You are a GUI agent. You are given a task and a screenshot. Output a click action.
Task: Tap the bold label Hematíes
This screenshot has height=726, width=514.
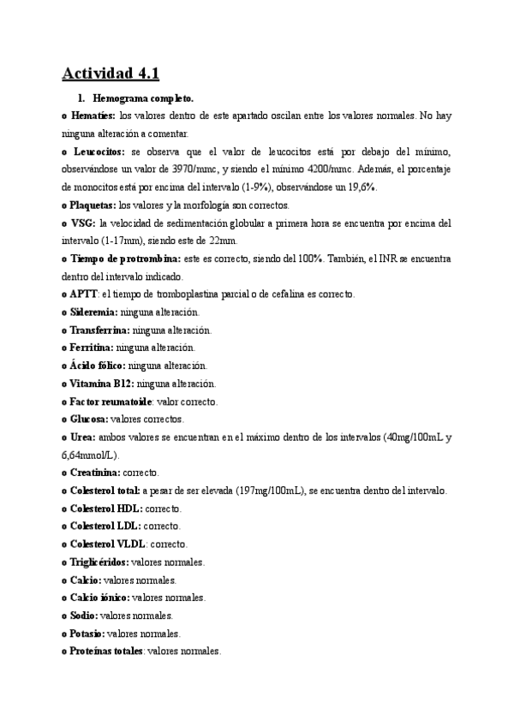pyautogui.click(x=93, y=116)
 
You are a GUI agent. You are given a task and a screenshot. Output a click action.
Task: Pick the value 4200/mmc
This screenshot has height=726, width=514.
pyautogui.click(x=376, y=170)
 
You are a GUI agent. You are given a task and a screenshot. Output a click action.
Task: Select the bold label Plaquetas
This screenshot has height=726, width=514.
pyautogui.click(x=93, y=205)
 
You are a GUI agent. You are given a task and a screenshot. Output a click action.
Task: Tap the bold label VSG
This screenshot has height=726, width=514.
pyautogui.click(x=82, y=223)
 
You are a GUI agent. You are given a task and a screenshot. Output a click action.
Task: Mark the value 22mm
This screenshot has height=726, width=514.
pyautogui.click(x=219, y=241)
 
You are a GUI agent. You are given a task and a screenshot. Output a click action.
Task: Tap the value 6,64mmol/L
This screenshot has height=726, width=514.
pyautogui.click(x=89, y=455)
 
